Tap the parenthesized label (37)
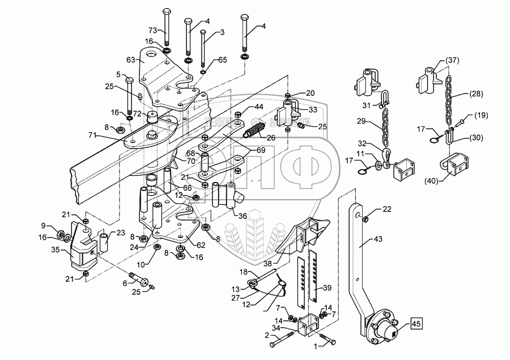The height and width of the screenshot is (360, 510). [x=452, y=61]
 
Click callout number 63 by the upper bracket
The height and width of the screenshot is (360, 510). [x=130, y=59]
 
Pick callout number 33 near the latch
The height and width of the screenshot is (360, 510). [x=313, y=110]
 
